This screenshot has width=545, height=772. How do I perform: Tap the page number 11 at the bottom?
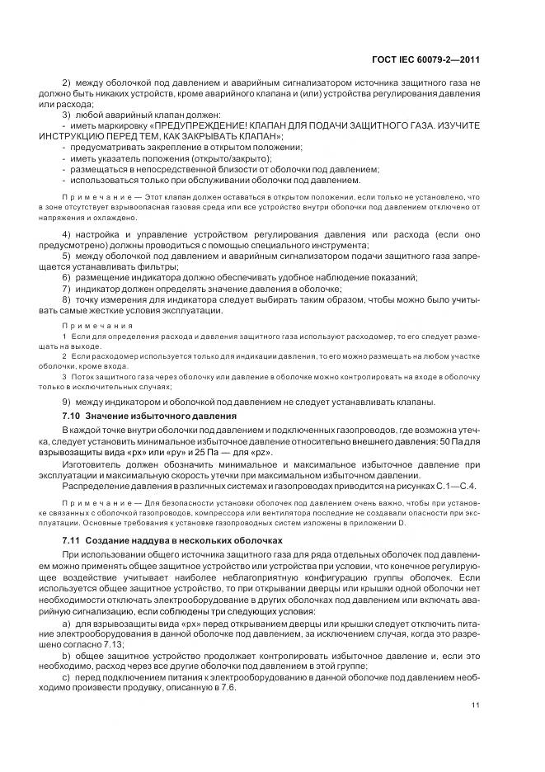point(476,705)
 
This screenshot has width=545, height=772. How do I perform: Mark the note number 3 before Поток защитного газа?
point(64,377)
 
